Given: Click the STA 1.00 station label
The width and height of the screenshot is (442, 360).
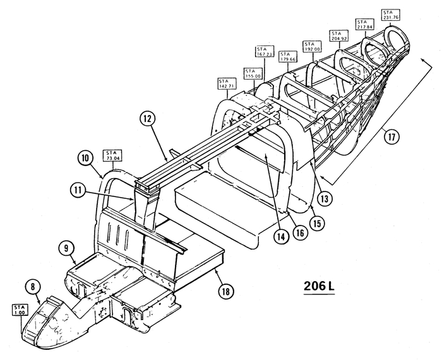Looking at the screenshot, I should click(20, 309).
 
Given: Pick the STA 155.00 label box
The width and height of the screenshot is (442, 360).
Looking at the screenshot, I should click(251, 74).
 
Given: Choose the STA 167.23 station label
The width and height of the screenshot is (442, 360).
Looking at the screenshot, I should click(265, 53).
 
